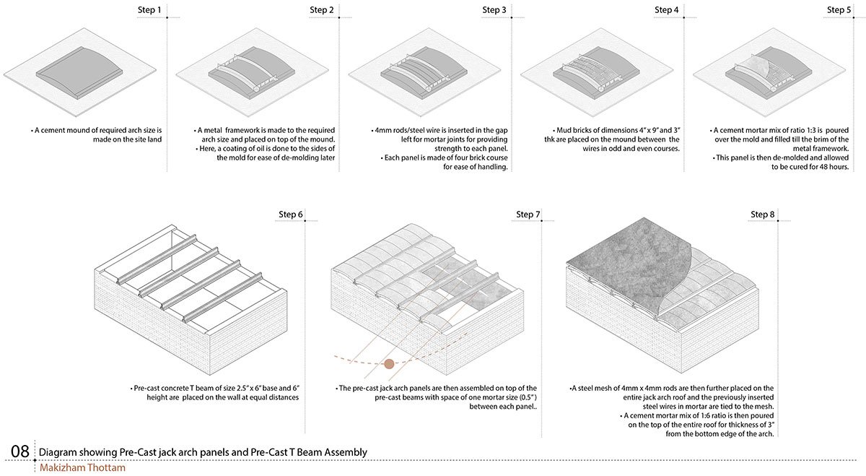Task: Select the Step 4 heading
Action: pyautogui.click(x=666, y=10)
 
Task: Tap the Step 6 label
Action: pyautogui.click(x=291, y=215)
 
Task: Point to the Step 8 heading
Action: pyautogui.click(x=764, y=215)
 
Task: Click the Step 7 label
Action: pyautogui.click(x=528, y=215)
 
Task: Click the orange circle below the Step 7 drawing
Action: pyautogui.click(x=389, y=363)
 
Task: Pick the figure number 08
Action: pyautogui.click(x=19, y=452)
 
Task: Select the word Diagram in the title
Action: pyautogui.click(x=58, y=452)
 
